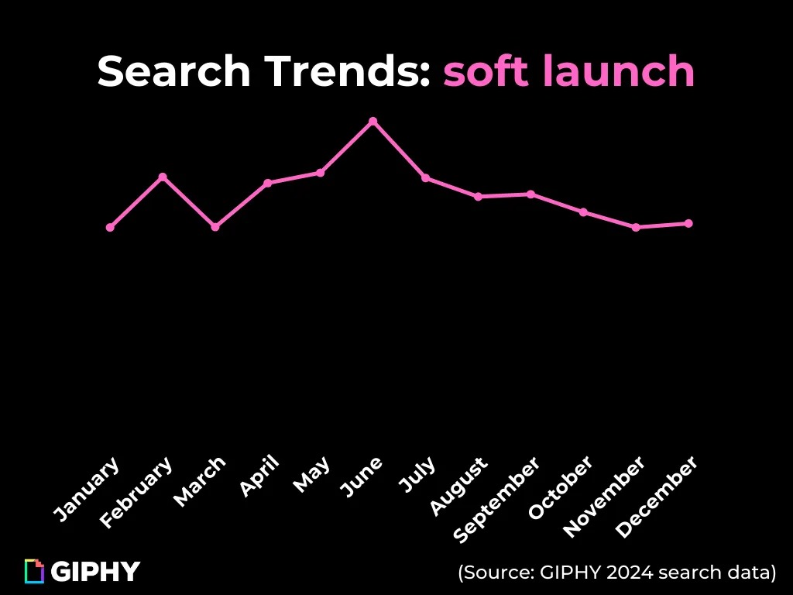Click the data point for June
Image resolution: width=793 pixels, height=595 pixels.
pyautogui.click(x=372, y=122)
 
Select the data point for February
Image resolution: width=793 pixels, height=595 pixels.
pyautogui.click(x=163, y=177)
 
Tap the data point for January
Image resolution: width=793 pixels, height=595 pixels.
pyautogui.click(x=110, y=227)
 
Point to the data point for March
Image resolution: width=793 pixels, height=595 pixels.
pyautogui.click(x=215, y=227)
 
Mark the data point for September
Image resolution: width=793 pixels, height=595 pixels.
pyautogui.click(x=530, y=194)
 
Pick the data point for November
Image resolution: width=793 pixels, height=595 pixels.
pyautogui.click(x=636, y=227)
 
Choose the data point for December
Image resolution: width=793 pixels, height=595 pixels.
pyautogui.click(x=688, y=223)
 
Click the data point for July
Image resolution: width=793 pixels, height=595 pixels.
pyautogui.click(x=425, y=178)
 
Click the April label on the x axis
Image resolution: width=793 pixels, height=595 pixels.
pyautogui.click(x=259, y=476)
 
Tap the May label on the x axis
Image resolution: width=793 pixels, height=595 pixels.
pyautogui.click(x=312, y=474)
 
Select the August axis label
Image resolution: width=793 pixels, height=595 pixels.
pyautogui.click(x=458, y=487)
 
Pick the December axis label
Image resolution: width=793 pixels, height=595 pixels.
pyautogui.click(x=657, y=497)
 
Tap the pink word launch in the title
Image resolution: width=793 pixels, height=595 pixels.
pyautogui.click(x=609, y=72)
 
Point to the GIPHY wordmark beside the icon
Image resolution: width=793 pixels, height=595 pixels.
pyautogui.click(x=95, y=572)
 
